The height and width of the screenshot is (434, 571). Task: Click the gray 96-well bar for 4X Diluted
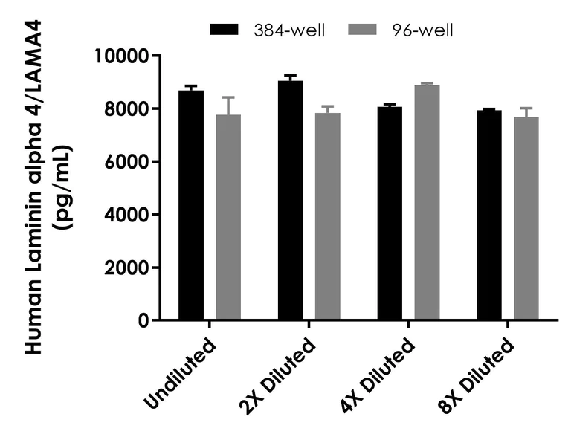pyautogui.click(x=427, y=203)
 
